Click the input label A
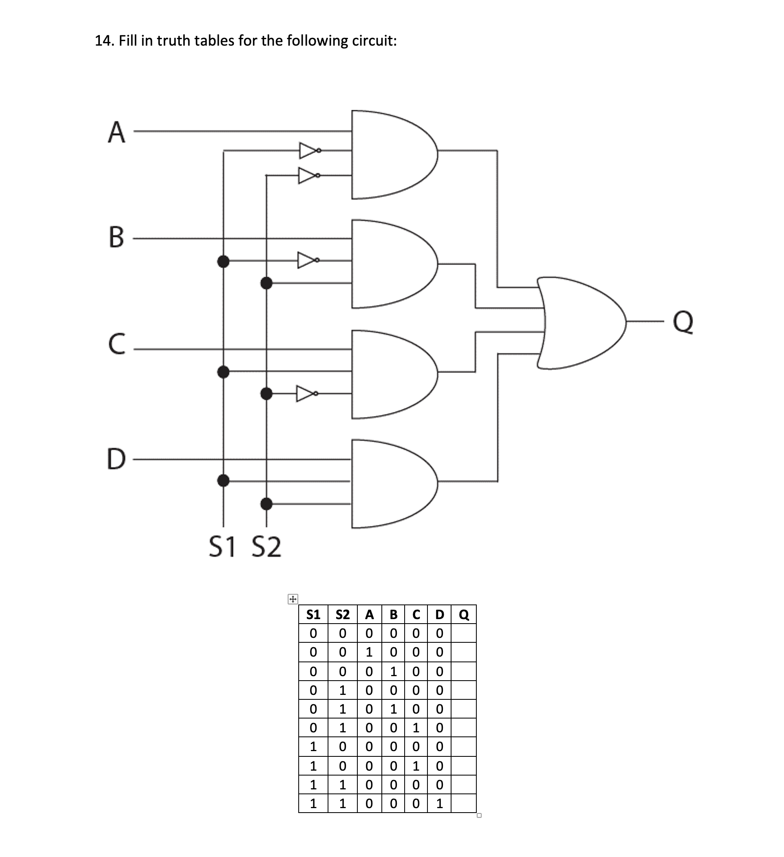117,132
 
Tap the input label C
117,344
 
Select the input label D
117,459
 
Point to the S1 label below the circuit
222,547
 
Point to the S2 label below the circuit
266,547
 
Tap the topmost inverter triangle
307,150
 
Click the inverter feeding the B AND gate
306,260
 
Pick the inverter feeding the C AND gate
306,393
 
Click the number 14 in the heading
104,41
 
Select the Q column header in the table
464,615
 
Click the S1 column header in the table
313,615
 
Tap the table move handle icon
293,600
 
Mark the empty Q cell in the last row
463,803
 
